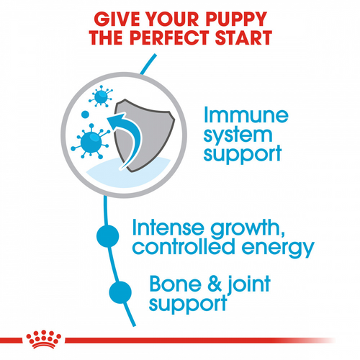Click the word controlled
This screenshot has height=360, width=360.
click(x=181, y=249)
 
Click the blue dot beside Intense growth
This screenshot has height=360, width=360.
click(x=107, y=235)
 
